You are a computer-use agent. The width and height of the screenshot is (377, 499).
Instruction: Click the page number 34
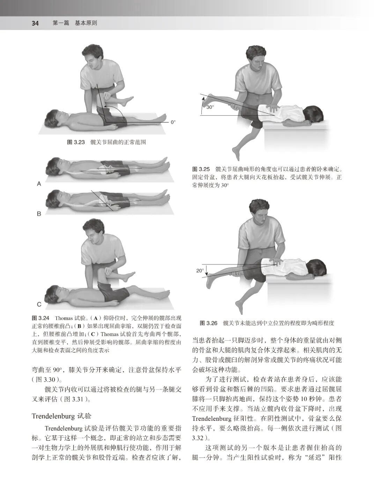click(x=35, y=23)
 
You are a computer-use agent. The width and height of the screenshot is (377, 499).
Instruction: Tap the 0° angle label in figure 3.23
click(x=173, y=122)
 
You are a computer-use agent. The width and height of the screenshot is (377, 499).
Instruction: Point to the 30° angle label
click(x=209, y=107)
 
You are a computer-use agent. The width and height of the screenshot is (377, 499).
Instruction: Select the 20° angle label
click(x=199, y=270)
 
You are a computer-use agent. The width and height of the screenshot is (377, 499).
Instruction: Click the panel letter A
click(x=39, y=184)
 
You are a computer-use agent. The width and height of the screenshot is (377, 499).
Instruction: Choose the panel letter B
click(x=39, y=214)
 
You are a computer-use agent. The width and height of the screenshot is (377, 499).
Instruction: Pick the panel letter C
click(x=39, y=304)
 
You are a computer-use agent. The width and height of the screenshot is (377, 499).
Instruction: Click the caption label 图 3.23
click(x=76, y=142)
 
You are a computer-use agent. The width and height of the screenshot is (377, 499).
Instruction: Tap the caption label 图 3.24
click(x=41, y=318)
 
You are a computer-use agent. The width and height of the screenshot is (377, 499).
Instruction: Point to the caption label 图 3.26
click(x=209, y=323)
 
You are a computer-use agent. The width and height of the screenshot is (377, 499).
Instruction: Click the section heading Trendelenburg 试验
click(x=61, y=416)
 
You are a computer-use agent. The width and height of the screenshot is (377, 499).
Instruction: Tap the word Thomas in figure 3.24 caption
click(x=64, y=318)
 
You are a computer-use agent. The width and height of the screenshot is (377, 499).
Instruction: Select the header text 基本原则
click(x=86, y=23)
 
